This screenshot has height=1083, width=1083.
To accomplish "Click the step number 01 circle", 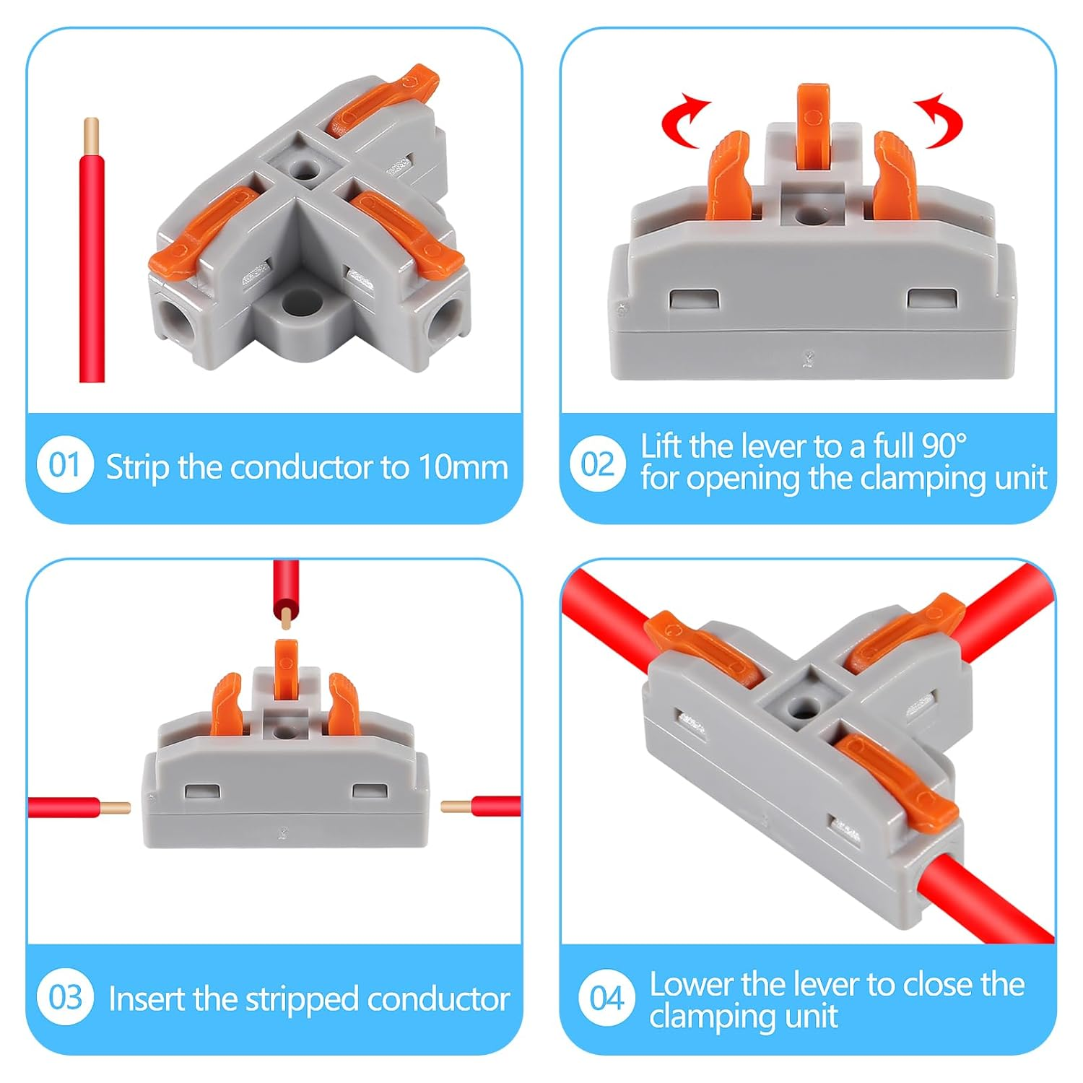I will coord(64,465).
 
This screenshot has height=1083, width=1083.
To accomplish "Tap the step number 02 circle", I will coord(597,464).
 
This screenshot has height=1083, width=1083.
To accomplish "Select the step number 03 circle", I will coord(64,997).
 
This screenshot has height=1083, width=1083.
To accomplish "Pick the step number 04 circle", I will coord(606,999).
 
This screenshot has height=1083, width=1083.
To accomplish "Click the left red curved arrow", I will coord(686,121).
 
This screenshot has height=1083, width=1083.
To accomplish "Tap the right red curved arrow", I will coord(939,121).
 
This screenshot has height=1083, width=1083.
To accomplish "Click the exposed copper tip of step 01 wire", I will coord(92,134).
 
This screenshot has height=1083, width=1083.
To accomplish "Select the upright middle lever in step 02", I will coord(813,126).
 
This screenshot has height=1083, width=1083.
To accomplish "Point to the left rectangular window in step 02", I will coord(694,299).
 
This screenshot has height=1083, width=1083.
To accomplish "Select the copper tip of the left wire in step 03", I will coord(115,808).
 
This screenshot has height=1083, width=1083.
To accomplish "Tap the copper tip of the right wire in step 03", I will coord(456,806).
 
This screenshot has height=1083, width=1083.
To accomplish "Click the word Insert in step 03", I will coord(147,999).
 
